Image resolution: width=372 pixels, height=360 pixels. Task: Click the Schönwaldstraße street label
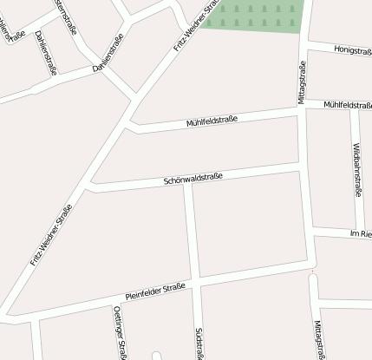193,180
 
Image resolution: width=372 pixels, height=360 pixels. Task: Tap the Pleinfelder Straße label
155,291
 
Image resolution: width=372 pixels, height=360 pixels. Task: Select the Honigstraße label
352,51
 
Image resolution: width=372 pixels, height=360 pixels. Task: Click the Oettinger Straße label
121,332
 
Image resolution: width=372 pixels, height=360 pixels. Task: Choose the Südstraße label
199,344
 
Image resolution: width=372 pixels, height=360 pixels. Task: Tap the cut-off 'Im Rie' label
360,235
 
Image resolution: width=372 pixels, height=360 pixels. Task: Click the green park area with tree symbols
257,15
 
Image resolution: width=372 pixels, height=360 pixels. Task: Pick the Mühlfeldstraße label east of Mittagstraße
347,105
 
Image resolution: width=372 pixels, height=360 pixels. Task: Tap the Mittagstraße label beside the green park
302,82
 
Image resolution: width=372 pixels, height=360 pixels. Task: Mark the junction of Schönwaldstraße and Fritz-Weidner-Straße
89,186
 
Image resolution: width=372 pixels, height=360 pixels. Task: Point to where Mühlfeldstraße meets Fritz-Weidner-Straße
130,127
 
